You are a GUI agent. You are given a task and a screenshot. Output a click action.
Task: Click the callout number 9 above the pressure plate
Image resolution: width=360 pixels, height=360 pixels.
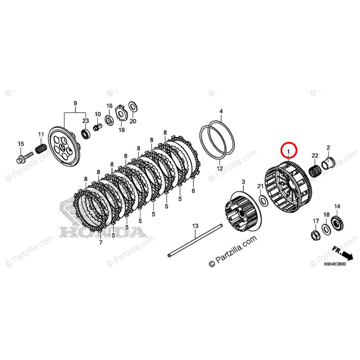pyautogui.click(x=75, y=104)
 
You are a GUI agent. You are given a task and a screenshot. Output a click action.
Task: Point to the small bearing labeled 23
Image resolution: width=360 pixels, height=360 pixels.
pyautogui.click(x=86, y=134)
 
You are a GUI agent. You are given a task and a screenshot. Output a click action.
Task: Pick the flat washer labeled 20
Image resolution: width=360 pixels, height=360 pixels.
pyautogui.click(x=132, y=107)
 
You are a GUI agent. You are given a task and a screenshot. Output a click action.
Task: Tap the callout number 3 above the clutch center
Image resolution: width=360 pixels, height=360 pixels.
pyautogui.click(x=243, y=181)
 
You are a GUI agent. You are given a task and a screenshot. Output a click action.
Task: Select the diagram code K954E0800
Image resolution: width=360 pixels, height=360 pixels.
pyautogui.click(x=335, y=264)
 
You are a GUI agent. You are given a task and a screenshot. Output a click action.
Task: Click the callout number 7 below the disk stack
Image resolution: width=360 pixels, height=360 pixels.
pyautogui.click(x=100, y=243)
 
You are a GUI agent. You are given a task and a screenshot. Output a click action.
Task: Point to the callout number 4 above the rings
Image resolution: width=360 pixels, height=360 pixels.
pyautogui.click(x=221, y=111)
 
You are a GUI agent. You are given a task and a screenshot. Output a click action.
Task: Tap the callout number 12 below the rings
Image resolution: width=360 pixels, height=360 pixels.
pyautogui.click(x=220, y=168)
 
